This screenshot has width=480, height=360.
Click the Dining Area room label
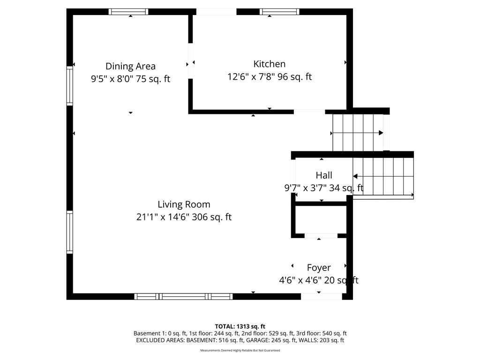pyautogui.click(x=130, y=66)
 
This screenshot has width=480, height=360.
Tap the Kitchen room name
pyautogui.click(x=270, y=64)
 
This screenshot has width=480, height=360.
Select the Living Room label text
pyautogui.click(x=184, y=204)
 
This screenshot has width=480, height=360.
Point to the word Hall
pyautogui.click(x=324, y=175)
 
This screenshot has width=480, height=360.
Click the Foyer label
pyautogui.click(x=319, y=268)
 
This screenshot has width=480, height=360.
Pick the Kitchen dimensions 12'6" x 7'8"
pyautogui.click(x=251, y=76)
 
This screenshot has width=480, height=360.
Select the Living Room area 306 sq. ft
pyautogui.click(x=212, y=217)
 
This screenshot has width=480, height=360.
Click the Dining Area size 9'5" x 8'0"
pyautogui.click(x=112, y=79)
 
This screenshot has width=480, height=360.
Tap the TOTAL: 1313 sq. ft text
pyautogui.click(x=240, y=326)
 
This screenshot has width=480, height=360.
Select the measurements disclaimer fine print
pyautogui.click(x=240, y=350)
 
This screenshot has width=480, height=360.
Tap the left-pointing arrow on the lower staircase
pyautogui.click(x=383, y=176)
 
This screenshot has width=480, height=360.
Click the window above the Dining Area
pyautogui.click(x=128, y=12)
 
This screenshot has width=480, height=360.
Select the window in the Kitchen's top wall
pyautogui.click(x=279, y=12)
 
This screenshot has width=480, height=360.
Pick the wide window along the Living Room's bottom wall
pyautogui.click(x=183, y=296)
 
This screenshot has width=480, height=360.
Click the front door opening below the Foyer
pyautogui.click(x=322, y=296)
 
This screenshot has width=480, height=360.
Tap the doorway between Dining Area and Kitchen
pyautogui.click(x=190, y=61)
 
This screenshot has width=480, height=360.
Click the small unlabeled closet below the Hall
pyautogui.click(x=321, y=219)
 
